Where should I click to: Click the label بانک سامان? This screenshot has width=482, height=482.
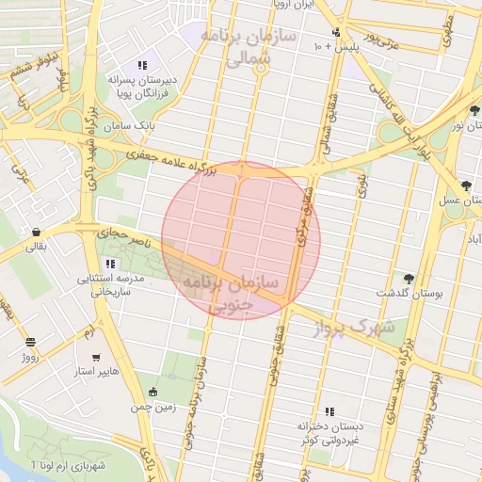[131, 124]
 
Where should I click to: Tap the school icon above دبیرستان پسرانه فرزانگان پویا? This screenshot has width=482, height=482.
[141, 65]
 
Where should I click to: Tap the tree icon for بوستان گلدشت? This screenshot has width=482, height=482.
[408, 279]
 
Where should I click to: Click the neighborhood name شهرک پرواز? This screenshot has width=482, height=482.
[356, 327]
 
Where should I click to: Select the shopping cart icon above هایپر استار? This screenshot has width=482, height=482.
[97, 357]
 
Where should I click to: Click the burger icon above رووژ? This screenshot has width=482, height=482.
[30, 342]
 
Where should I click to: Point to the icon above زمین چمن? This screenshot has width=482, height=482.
[154, 392]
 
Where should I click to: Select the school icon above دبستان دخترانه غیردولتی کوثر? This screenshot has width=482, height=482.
[329, 411]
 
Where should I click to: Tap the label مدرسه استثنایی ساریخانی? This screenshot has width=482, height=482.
[110, 285]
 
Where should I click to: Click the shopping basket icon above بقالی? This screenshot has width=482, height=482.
[36, 232]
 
